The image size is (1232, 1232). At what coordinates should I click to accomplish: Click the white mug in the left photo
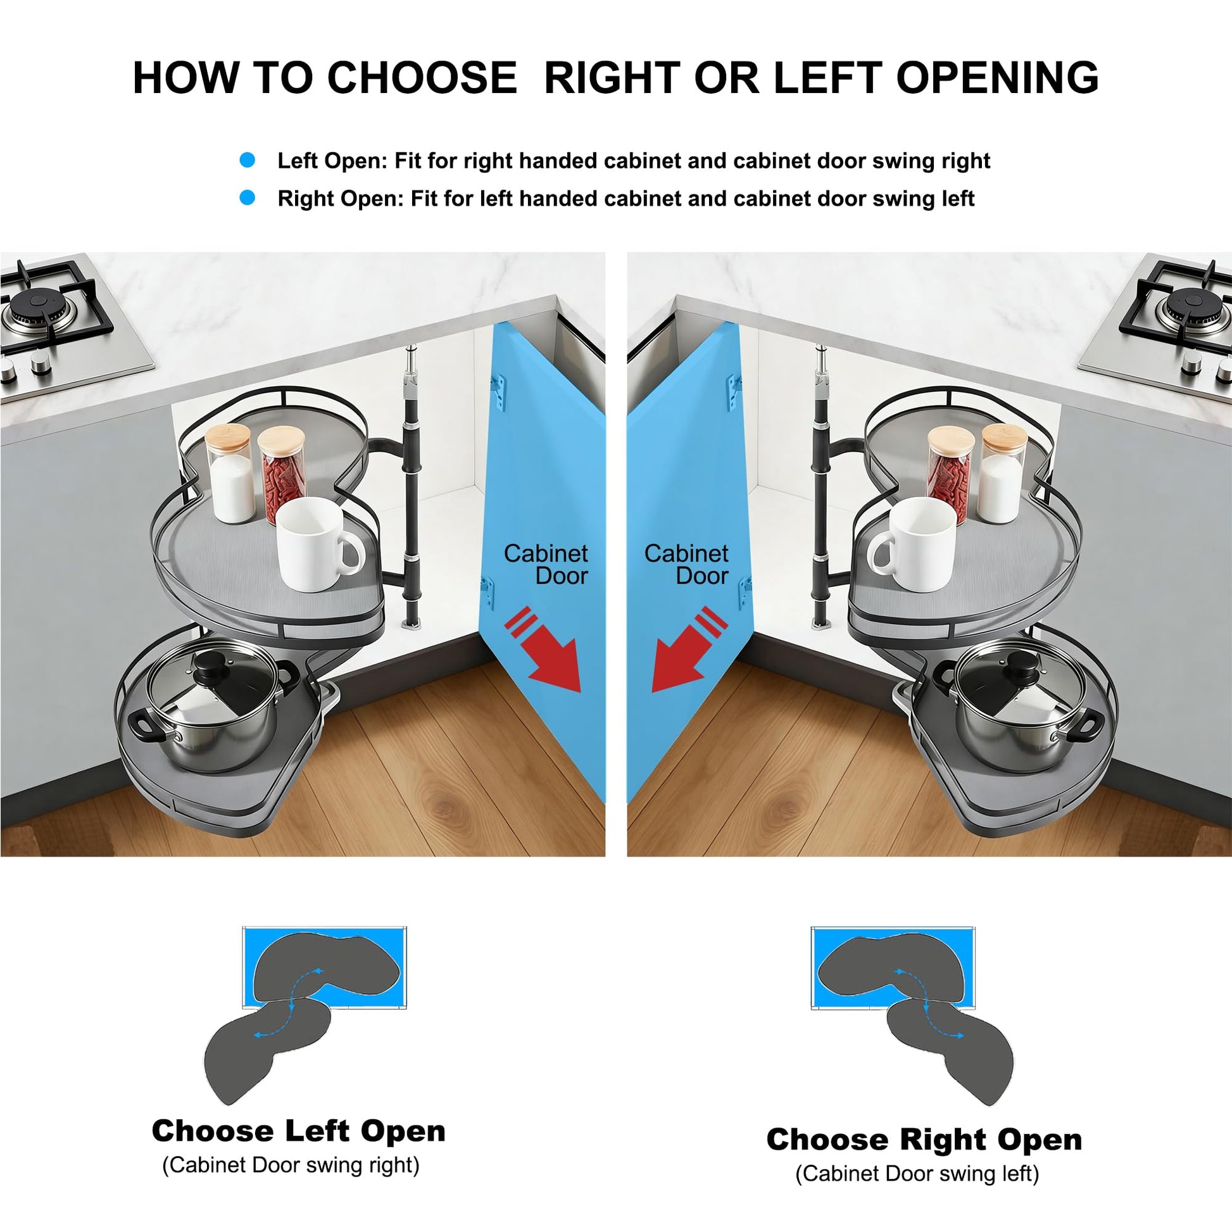[x=318, y=544]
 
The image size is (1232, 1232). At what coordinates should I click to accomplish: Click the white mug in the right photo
[x=912, y=544]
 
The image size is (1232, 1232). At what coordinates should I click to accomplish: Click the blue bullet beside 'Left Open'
[x=247, y=160]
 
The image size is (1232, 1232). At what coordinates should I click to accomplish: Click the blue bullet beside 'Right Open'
[x=247, y=198]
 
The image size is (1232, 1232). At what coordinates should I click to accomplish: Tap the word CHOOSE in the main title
[x=422, y=78]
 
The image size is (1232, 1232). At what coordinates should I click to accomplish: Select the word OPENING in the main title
[x=997, y=78]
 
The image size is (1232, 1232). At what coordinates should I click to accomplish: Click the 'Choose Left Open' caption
[x=298, y=1131]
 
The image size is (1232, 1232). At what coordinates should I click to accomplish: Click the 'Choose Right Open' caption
[x=924, y=1140]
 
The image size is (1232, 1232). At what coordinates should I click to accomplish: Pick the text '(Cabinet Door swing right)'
[x=291, y=1165]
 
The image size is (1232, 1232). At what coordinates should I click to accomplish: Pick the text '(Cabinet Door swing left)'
[x=917, y=1174]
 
